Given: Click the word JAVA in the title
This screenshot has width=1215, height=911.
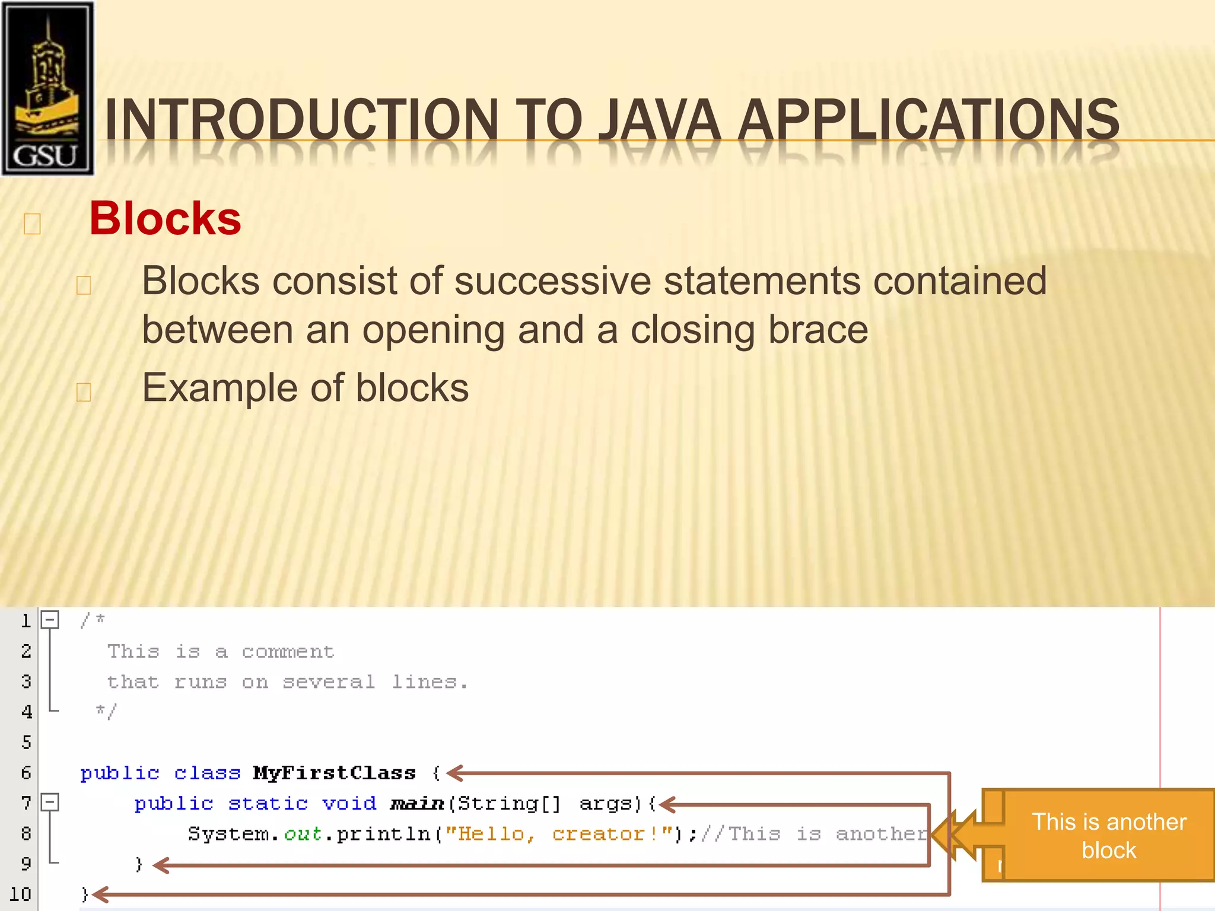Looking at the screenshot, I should tap(659, 120).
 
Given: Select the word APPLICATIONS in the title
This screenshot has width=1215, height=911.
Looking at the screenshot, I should tap(928, 120).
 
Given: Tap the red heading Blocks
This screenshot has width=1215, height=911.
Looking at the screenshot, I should tap(165, 218).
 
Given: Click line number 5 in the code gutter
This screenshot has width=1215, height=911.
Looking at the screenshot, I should tap(26, 742).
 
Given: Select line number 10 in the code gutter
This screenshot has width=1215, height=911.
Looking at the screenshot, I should tap(20, 894).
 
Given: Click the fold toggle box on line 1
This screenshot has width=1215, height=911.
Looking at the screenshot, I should tap(50, 620).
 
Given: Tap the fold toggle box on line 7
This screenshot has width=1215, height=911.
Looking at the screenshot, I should tap(50, 802).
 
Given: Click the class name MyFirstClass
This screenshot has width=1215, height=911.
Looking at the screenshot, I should tap(335, 773).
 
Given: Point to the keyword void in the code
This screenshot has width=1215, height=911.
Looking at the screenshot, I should tap(349, 803).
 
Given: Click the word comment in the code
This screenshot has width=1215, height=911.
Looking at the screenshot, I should tap(288, 652).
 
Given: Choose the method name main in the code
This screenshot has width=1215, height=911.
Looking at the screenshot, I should tap(417, 804).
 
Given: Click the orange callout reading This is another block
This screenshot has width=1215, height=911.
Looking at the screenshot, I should tap(1108, 835).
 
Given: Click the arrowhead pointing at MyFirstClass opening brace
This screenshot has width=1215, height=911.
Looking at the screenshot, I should tap(454, 773).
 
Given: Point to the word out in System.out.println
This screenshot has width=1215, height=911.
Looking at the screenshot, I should tap(303, 834).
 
